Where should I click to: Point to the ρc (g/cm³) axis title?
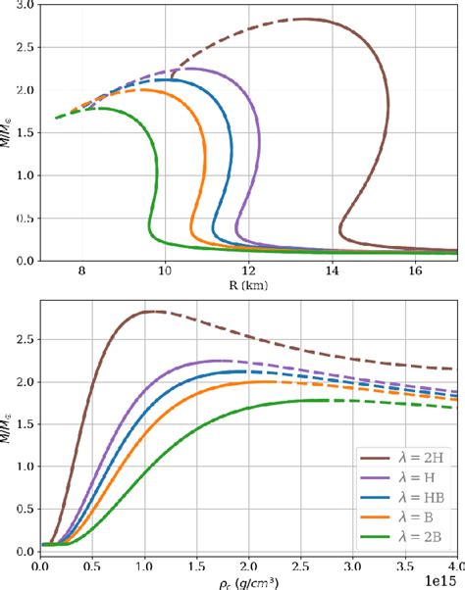click(x=248, y=579)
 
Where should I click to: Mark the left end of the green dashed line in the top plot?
click(x=56, y=118)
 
